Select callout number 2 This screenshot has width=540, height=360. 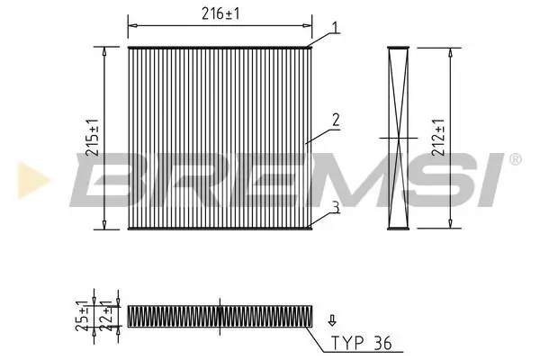click(334, 120)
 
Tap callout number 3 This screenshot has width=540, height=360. click(334, 207)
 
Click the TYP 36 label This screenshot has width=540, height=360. click(363, 342)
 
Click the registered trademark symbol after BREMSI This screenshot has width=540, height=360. click(515, 159)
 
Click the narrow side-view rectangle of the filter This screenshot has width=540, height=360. click(399, 137)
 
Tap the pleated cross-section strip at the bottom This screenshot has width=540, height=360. click(220, 316)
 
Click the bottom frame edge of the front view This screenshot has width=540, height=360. click(220, 228)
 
